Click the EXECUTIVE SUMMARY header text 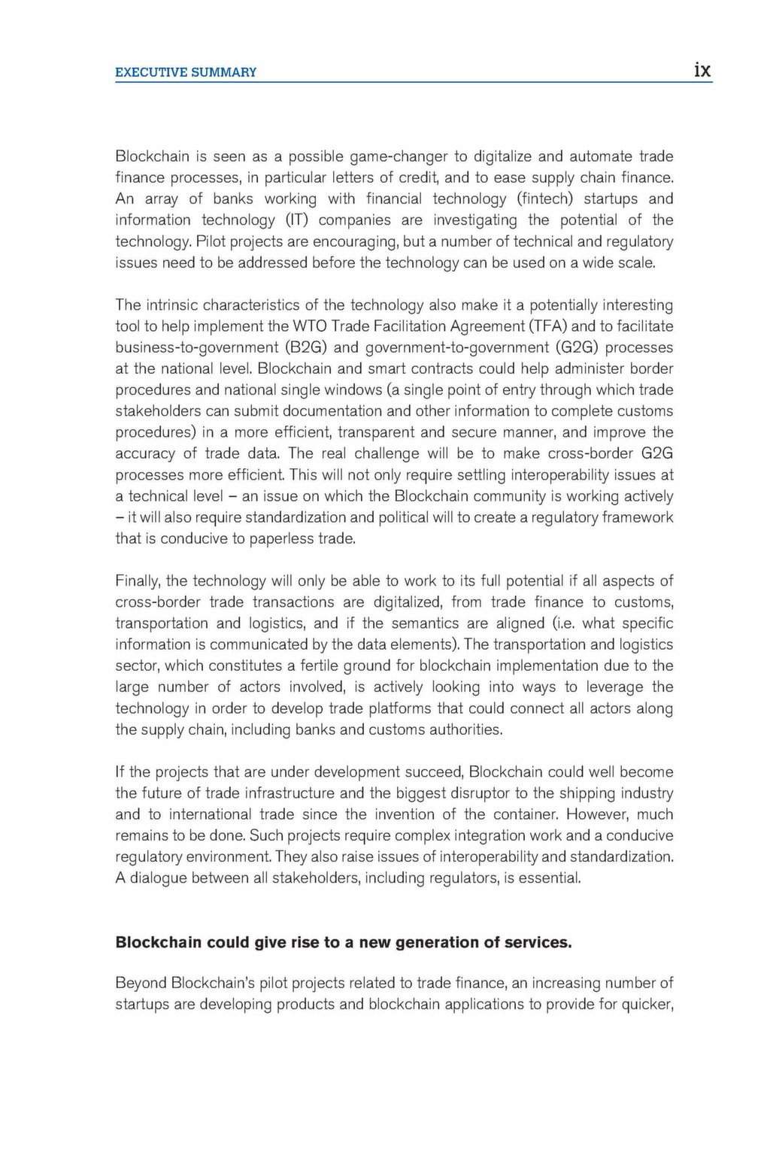[186, 72]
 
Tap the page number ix [702, 71]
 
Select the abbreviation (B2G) [303, 347]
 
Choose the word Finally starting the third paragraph [138, 581]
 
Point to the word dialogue [159, 878]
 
